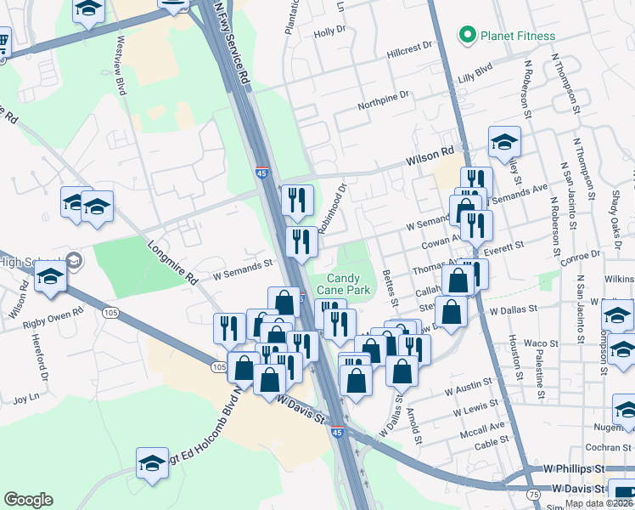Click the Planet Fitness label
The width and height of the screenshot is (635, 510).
[x=518, y=36]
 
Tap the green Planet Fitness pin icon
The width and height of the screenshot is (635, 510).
[x=466, y=36]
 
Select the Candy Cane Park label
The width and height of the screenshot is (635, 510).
[x=343, y=284]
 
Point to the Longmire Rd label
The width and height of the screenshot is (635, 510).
[x=171, y=263]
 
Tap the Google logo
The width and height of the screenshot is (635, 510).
[x=28, y=500]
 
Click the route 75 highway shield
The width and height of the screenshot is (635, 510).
[x=532, y=494]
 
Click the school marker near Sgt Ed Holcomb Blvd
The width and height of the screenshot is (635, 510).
[x=153, y=464]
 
